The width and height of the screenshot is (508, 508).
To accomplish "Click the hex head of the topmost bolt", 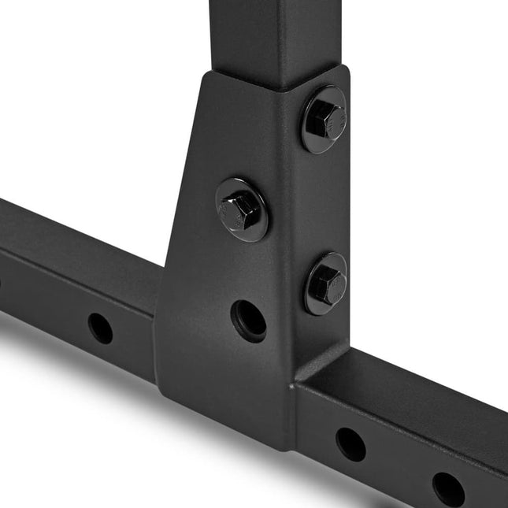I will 323,119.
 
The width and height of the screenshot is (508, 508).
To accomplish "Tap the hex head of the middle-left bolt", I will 240,210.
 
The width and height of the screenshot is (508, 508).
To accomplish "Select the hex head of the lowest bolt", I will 325,282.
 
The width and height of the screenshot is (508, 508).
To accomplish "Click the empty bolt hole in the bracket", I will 248,320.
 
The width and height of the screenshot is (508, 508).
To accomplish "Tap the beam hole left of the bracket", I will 100,328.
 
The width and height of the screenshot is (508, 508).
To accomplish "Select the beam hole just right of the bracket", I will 350,444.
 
